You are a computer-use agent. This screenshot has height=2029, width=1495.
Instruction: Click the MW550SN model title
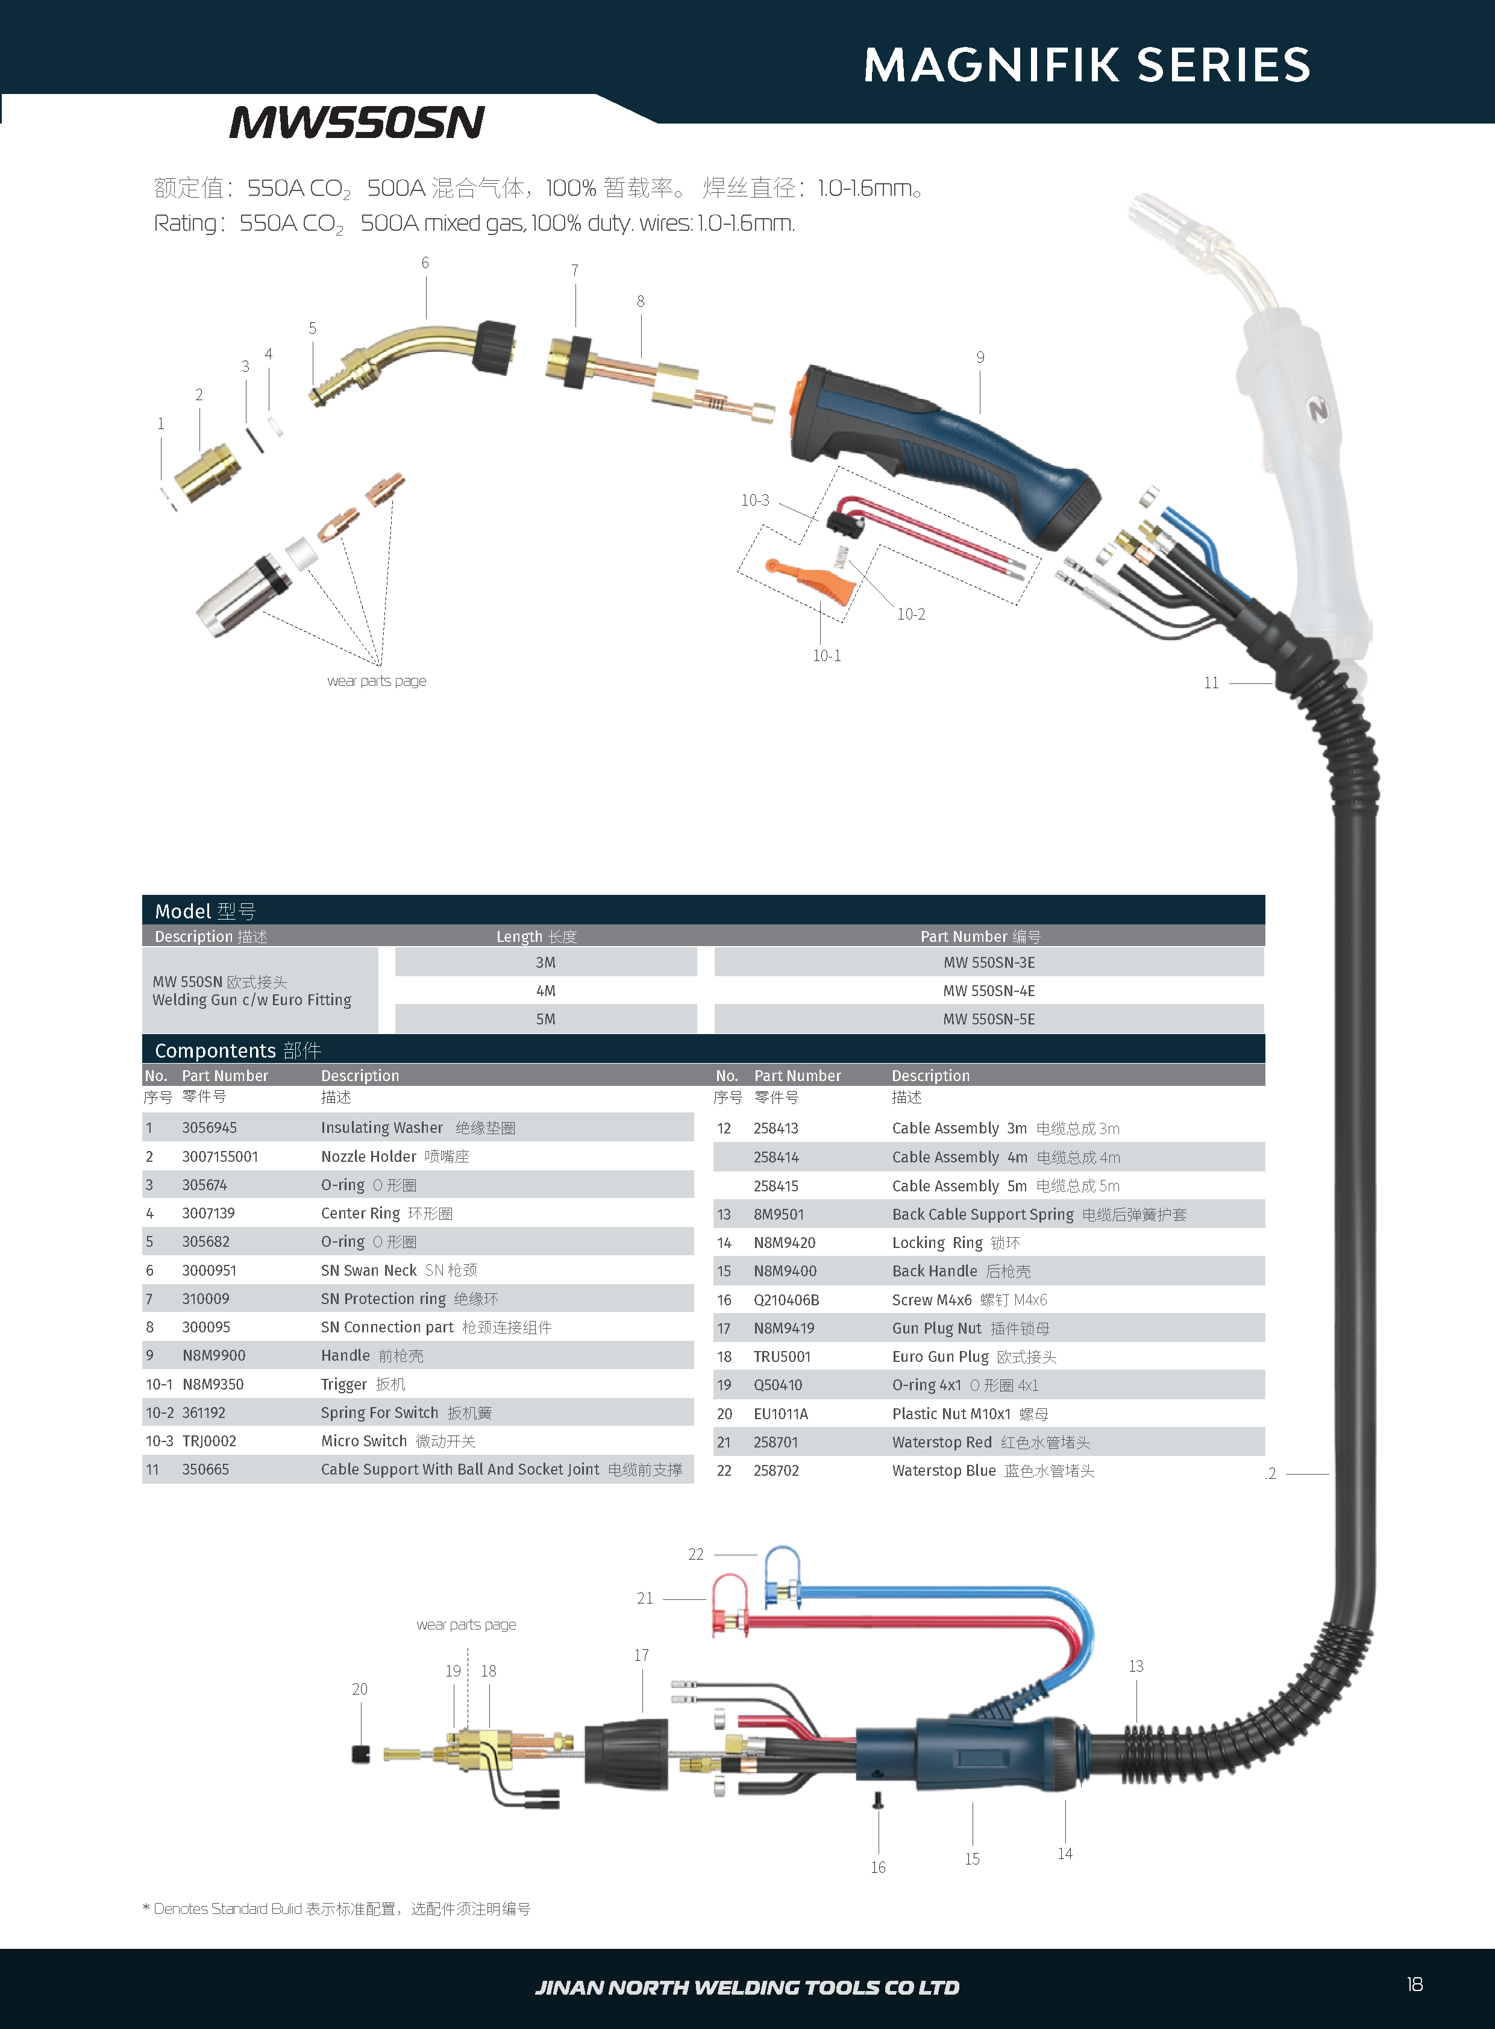[x=357, y=122]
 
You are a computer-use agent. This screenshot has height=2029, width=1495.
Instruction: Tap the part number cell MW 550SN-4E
[x=988, y=991]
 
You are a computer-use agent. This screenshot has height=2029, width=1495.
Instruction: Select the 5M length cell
[x=546, y=1019]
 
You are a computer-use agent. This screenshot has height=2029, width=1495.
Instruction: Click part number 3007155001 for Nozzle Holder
[x=220, y=1156]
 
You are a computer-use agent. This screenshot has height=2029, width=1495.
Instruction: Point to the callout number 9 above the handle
[x=980, y=357]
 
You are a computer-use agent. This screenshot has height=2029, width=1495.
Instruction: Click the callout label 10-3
[x=755, y=500]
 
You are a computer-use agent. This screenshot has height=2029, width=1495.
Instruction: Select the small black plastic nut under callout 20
[x=361, y=1754]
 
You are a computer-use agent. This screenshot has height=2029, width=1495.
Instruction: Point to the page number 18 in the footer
[x=1414, y=1984]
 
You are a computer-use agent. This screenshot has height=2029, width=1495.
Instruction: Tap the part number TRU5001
[x=782, y=1356]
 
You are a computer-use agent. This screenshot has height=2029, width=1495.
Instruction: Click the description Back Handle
[x=935, y=1272]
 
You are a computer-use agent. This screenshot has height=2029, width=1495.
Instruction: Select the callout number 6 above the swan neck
[x=425, y=263]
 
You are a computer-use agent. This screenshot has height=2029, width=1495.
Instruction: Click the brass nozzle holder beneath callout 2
[x=208, y=473]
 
